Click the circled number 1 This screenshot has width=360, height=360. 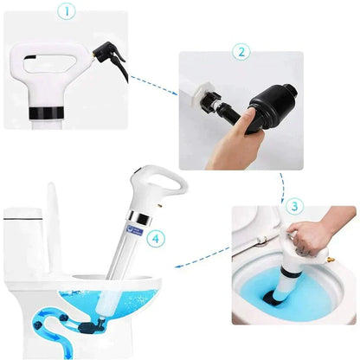point(66,13)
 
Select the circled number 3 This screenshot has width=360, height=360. point(295,207)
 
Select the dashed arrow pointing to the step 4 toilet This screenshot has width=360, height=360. point(199,268)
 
